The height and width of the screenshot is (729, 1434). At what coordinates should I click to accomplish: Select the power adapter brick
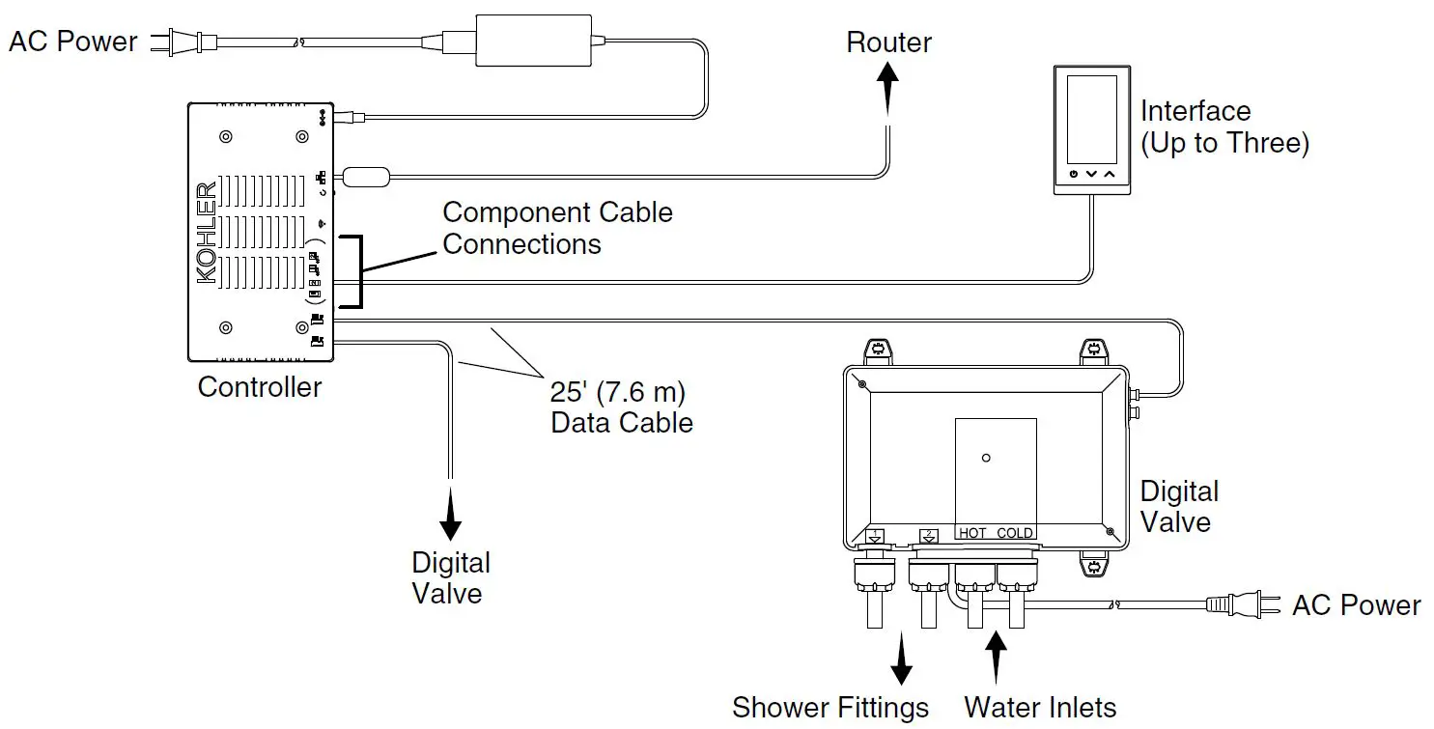point(533,41)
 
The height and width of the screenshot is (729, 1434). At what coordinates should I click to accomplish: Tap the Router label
point(888,42)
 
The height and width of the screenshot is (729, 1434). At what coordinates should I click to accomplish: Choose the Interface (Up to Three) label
point(1223,127)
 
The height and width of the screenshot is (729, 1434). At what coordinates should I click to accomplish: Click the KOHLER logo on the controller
point(207,233)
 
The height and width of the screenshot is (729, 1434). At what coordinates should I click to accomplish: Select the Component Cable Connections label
point(557,228)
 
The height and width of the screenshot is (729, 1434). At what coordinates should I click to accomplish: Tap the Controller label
point(259,387)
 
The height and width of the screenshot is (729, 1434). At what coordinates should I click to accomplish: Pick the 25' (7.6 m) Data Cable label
point(621,407)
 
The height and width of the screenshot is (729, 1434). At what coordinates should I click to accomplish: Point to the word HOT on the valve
point(972,533)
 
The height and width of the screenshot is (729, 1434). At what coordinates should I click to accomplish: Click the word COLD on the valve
point(1015,533)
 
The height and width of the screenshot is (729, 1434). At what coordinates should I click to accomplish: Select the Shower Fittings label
point(829,708)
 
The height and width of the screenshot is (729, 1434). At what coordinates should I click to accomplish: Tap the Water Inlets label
point(1040,708)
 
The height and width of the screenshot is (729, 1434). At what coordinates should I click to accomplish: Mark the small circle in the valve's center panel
point(985,458)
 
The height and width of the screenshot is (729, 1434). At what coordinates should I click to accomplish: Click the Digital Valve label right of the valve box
point(1178,507)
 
